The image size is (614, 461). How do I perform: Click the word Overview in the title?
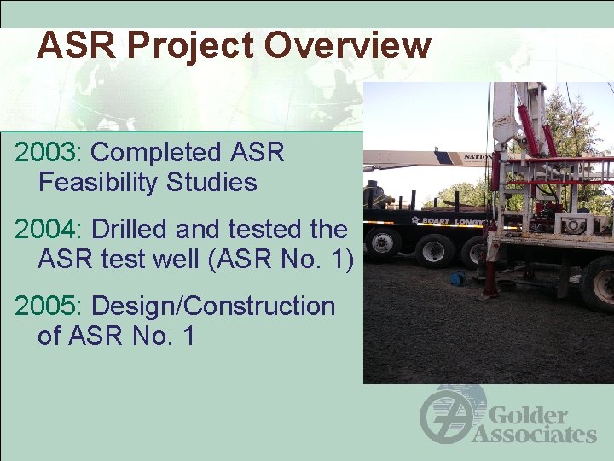click(347, 45)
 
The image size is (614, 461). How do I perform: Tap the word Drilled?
click(133, 230)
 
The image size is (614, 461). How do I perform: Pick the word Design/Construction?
click(213, 306)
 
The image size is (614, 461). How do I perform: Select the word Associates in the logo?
click(534, 435)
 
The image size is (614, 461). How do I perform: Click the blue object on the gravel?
click(460, 278)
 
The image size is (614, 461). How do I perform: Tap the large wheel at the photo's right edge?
click(599, 283)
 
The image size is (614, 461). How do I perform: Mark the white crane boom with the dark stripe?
click(426, 158)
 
